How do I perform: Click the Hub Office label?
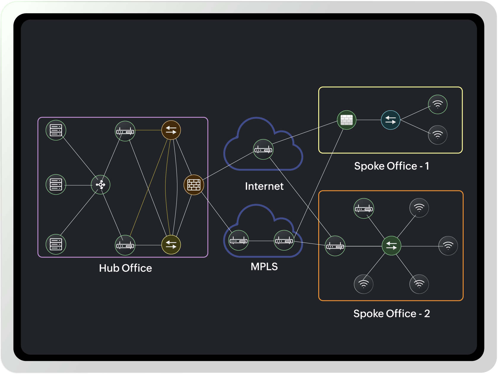tap(125, 268)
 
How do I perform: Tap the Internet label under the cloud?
tap(264, 186)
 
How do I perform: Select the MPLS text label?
tap(264, 267)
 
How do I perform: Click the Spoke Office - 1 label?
tap(392, 166)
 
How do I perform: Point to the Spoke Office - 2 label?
tap(392, 313)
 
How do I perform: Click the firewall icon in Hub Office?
tap(194, 185)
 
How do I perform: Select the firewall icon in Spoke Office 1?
tap(346, 120)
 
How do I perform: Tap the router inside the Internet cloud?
tap(263, 149)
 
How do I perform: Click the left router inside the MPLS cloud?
tap(238, 241)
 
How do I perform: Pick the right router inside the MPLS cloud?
tap(284, 241)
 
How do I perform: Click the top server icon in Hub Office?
tap(56, 130)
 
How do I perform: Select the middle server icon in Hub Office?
tap(56, 184)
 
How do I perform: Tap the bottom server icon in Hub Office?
tap(56, 244)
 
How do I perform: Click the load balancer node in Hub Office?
tap(101, 185)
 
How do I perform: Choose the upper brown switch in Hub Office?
tap(171, 130)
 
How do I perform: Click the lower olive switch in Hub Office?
tap(171, 245)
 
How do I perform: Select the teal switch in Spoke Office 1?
tap(390, 120)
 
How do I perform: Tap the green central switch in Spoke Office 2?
tap(392, 246)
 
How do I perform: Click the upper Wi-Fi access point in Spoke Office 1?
tap(437, 104)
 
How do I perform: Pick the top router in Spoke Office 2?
tap(364, 209)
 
